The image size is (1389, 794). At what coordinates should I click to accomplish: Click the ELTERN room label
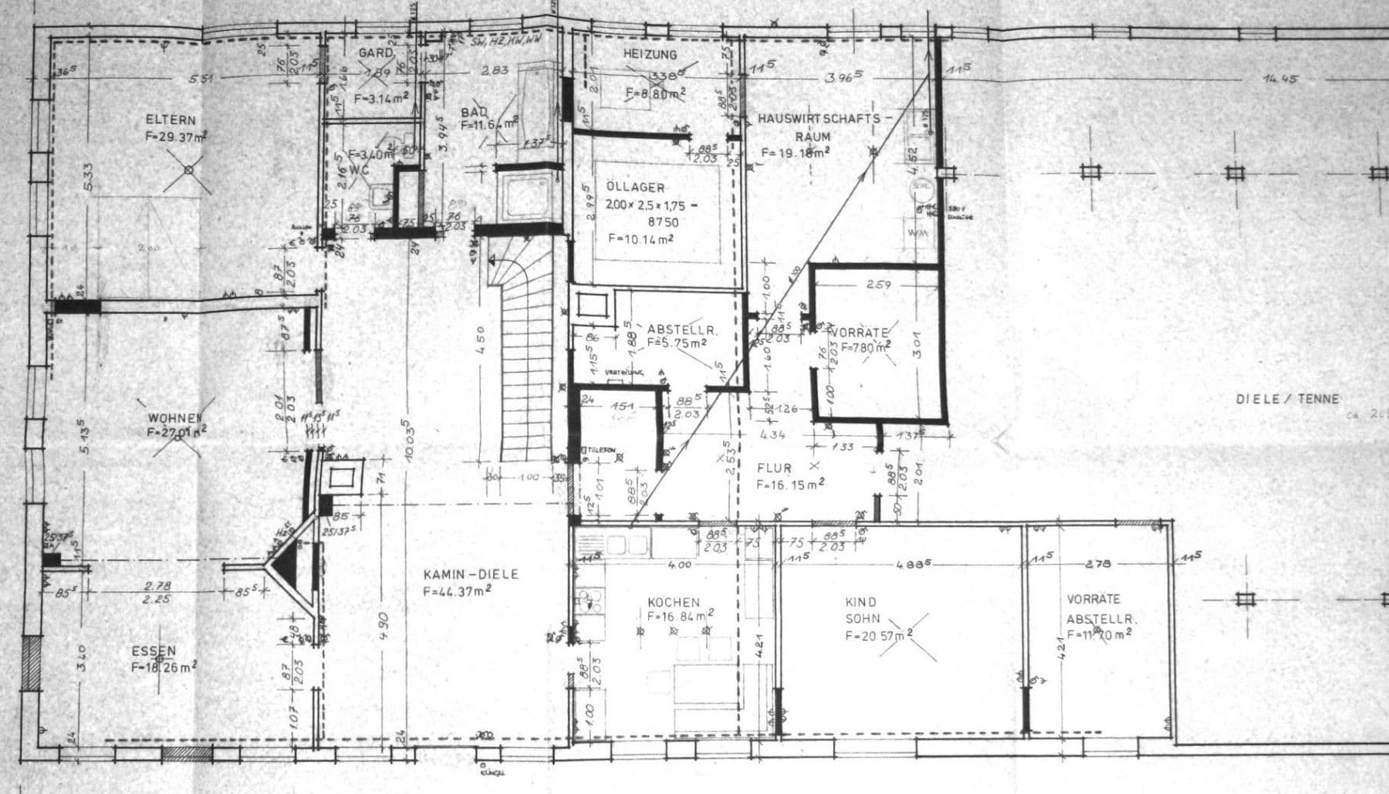click(x=171, y=120)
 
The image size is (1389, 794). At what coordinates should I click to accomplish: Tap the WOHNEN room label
click(x=176, y=418)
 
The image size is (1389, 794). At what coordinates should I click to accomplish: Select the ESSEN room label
click(x=154, y=651)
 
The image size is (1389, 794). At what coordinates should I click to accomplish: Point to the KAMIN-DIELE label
click(x=471, y=575)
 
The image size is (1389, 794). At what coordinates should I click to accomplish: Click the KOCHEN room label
click(x=673, y=602)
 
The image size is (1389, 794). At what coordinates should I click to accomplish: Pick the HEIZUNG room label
click(x=650, y=55)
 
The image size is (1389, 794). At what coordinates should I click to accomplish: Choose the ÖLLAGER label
click(x=635, y=188)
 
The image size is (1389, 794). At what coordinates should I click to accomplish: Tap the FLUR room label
click(x=774, y=468)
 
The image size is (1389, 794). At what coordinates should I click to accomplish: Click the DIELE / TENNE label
click(x=1287, y=399)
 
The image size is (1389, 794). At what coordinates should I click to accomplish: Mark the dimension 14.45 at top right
click(x=1280, y=79)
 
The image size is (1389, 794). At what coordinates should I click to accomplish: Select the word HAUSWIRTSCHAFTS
click(x=818, y=119)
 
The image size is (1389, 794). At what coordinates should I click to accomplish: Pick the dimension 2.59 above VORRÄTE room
click(x=878, y=285)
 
